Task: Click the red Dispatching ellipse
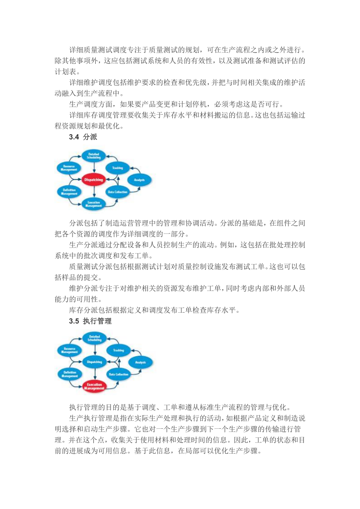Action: [94, 179]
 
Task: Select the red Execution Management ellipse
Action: [95, 386]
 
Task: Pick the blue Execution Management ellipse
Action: [94, 204]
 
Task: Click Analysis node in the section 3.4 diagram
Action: [139, 180]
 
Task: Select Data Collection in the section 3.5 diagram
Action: [118, 374]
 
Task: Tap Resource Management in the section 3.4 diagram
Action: [69, 168]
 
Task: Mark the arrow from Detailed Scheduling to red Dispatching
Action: [94, 167]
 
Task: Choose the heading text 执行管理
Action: [97, 321]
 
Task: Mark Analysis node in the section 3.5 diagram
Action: [140, 362]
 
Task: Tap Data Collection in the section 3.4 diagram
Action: [117, 192]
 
